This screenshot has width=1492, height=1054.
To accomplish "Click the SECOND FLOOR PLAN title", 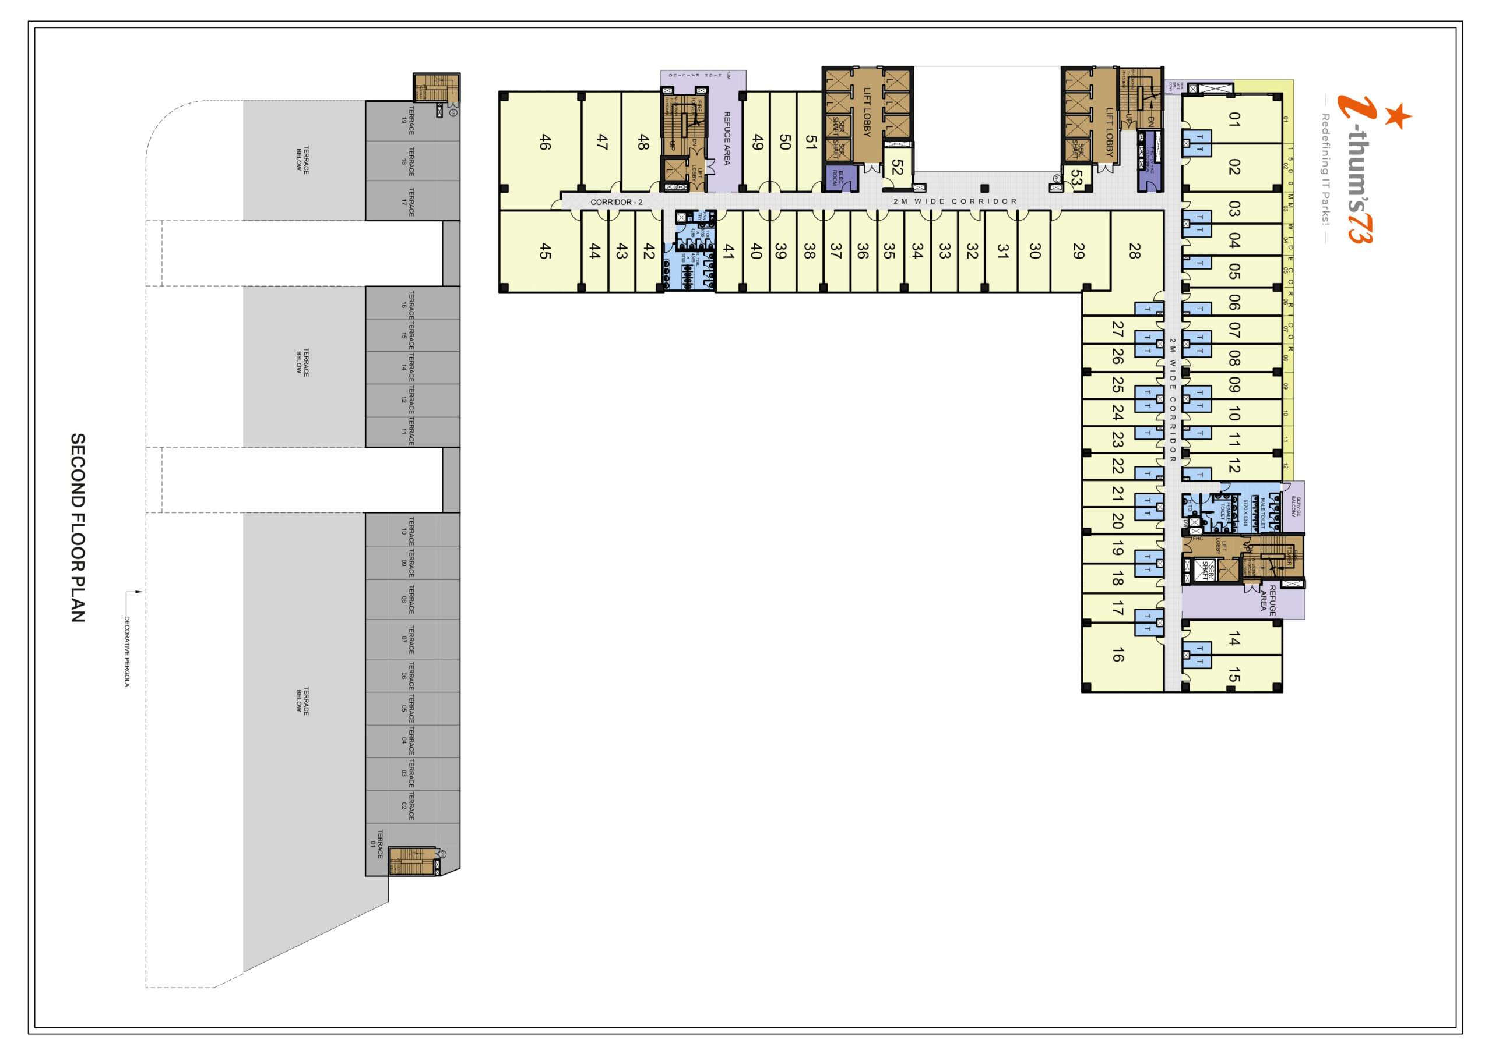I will click(x=78, y=528).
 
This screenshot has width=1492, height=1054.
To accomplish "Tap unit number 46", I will click(x=545, y=142).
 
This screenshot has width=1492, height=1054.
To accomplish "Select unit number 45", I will click(x=545, y=250).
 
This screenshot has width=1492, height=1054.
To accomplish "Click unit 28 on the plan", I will click(x=1135, y=250).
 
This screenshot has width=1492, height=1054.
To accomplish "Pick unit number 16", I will click(x=1118, y=655).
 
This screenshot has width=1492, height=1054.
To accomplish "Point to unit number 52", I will click(x=898, y=167).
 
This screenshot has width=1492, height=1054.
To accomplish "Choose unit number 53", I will click(x=1076, y=176).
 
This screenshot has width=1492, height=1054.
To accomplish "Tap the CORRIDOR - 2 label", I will click(x=616, y=202).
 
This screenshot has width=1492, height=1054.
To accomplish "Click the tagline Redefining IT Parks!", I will click(x=1326, y=169).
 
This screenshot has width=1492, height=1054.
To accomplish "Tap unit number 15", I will click(x=1234, y=675).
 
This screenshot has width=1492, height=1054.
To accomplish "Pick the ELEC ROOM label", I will click(x=838, y=177).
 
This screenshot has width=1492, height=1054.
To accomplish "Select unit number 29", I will click(x=1079, y=250).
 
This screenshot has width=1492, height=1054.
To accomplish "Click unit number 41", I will click(x=729, y=250).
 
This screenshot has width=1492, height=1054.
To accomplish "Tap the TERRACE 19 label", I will click(x=407, y=120).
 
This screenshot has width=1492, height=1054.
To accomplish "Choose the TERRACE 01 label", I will click(x=377, y=844).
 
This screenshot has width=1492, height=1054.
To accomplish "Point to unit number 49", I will click(x=757, y=142).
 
